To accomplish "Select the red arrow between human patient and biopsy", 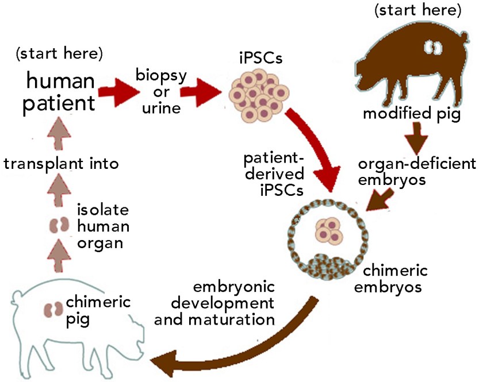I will pos(115,91).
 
